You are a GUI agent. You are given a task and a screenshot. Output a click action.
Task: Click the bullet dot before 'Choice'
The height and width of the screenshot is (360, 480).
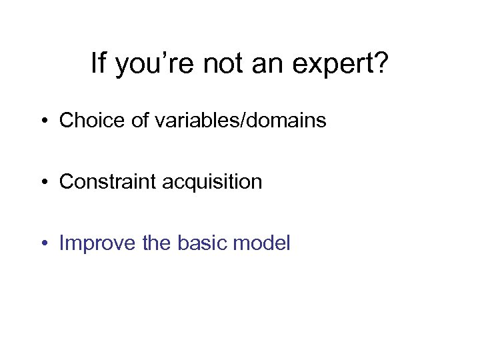45,121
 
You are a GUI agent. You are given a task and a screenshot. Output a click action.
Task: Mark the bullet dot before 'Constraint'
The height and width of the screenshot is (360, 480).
45,182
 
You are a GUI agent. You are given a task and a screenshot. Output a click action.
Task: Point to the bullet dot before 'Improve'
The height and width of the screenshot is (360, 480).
45,243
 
